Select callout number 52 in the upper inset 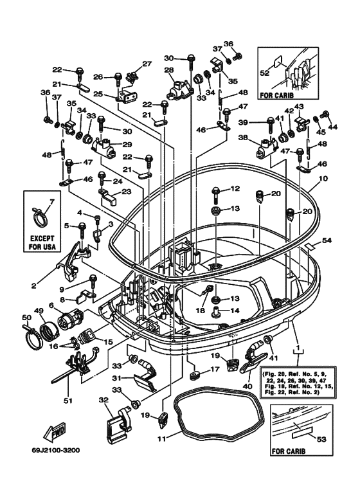[x=264, y=73]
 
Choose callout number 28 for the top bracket [x=168, y=70]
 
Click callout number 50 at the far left [x=26, y=317]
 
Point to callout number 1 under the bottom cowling [x=297, y=350]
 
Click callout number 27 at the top [x=147, y=64]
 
